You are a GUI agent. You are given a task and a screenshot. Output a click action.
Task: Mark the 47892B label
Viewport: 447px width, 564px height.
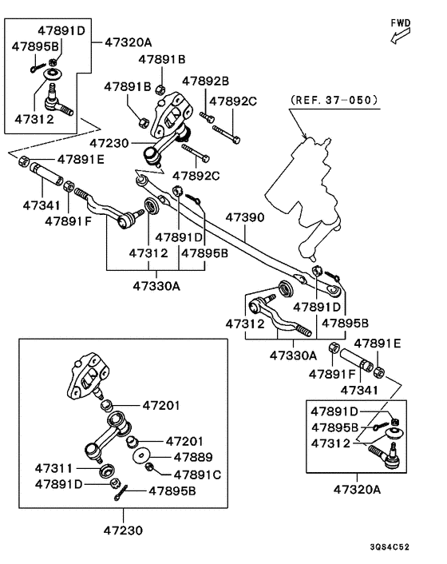[205, 81]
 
